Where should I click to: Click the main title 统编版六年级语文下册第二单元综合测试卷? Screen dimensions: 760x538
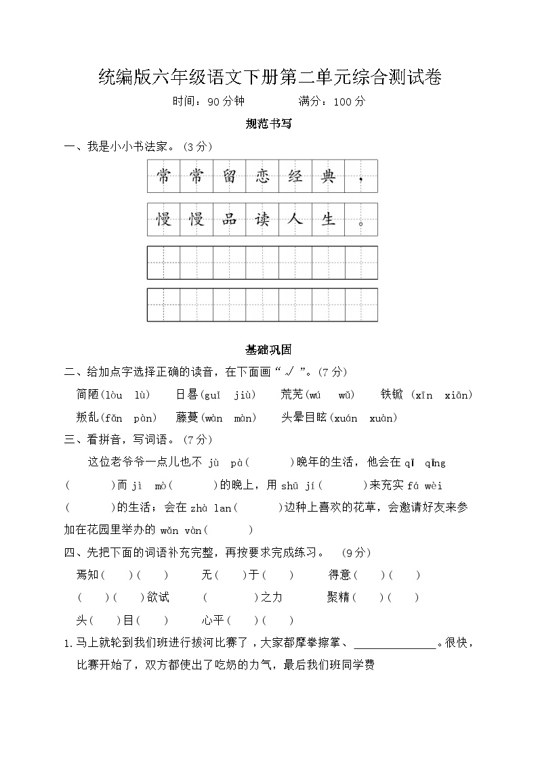(x=270, y=78)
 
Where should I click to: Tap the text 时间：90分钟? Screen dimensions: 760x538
(x=208, y=102)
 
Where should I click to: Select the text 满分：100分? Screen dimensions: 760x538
(x=331, y=102)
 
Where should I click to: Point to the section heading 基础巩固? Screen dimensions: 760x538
(x=269, y=350)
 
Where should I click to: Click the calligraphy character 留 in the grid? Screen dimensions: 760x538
(x=229, y=177)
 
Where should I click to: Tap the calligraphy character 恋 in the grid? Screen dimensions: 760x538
(x=262, y=177)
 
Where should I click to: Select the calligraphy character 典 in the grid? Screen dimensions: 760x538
(x=328, y=177)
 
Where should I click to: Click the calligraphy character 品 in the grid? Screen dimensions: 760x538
(x=229, y=219)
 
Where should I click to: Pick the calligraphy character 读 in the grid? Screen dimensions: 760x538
(x=262, y=219)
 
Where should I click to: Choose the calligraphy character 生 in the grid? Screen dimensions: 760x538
(x=328, y=219)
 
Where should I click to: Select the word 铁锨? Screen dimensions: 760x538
(x=392, y=395)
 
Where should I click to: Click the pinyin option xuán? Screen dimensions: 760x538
(x=345, y=418)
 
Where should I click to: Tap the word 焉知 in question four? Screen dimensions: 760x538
(x=88, y=575)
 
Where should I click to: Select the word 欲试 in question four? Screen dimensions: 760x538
(x=159, y=598)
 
